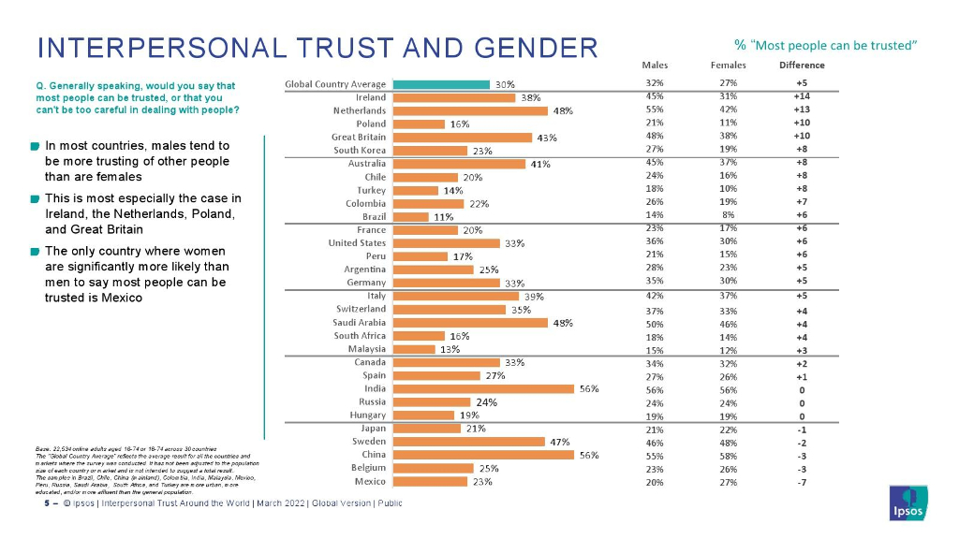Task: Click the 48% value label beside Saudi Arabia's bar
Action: [563, 323]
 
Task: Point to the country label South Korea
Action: [360, 150]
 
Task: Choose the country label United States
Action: [357, 243]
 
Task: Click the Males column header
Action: [655, 65]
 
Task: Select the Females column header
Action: [729, 65]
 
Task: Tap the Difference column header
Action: [802, 65]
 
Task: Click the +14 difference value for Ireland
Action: [802, 96]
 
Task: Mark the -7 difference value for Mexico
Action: [802, 482]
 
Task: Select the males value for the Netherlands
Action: [655, 109]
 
